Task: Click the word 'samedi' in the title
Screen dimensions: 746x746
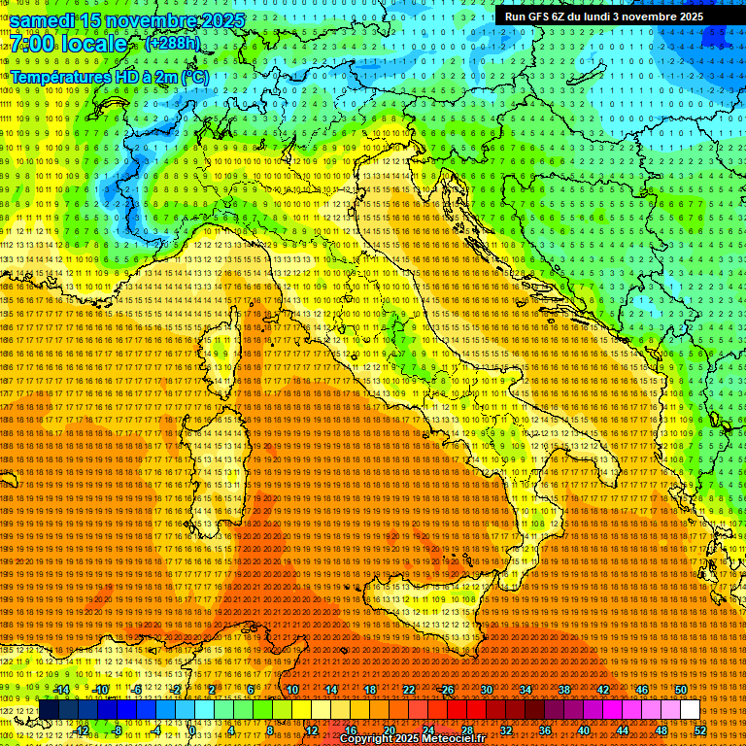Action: click(x=46, y=20)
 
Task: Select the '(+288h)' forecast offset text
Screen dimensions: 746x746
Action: click(x=172, y=44)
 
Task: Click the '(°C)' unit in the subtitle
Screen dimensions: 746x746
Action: click(x=193, y=77)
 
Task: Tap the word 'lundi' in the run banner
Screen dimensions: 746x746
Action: click(x=608, y=17)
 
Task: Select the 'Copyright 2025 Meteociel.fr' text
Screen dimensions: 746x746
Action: click(x=419, y=739)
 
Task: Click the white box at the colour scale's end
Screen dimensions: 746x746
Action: click(x=690, y=710)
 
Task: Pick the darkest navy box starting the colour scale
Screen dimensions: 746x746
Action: click(x=49, y=710)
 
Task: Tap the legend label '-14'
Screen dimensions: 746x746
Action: click(x=60, y=690)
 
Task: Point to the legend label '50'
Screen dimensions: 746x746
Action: click(x=681, y=690)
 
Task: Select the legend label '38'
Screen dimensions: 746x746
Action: click(x=564, y=690)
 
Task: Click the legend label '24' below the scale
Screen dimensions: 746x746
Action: click(x=428, y=730)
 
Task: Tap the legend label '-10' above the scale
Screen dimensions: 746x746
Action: click(x=99, y=690)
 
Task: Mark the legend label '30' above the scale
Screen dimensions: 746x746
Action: click(x=487, y=690)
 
